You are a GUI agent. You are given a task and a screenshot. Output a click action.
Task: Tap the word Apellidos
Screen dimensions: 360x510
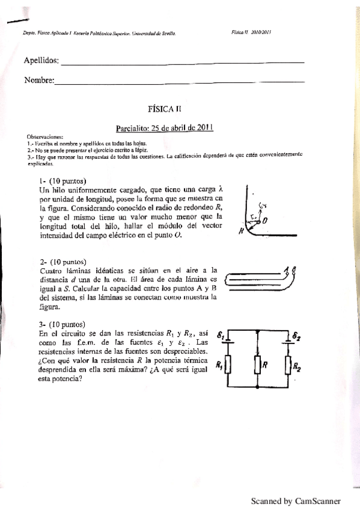tap(41, 60)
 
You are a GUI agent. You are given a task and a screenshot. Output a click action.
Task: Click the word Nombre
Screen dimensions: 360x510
tap(38, 80)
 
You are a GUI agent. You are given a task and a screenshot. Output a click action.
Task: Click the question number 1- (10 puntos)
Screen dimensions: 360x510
tap(62, 181)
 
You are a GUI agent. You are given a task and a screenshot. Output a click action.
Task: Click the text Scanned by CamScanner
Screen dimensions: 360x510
tap(295, 500)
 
